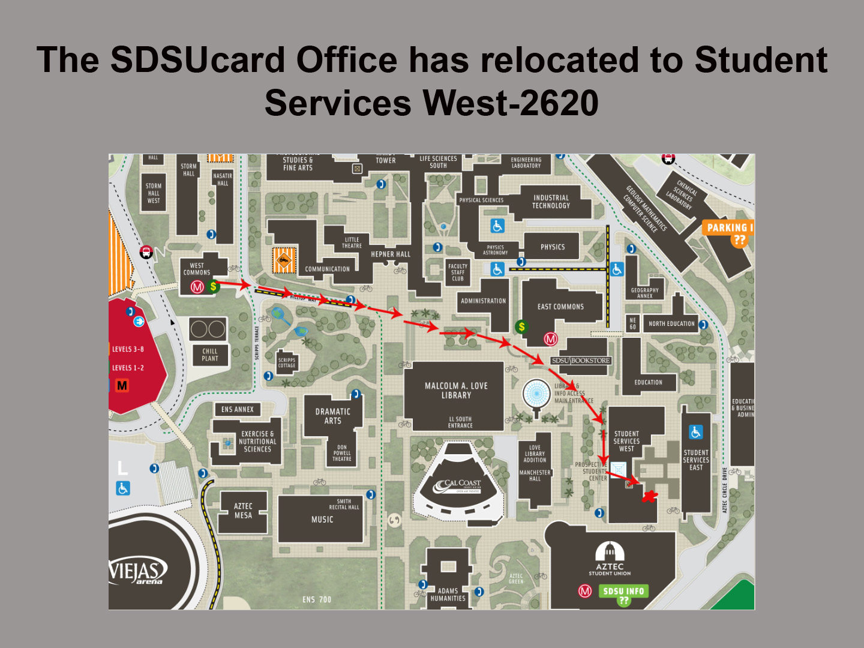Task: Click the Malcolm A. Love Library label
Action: coord(456,391)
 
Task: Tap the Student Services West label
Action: coord(626,441)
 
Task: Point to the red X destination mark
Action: coord(649,496)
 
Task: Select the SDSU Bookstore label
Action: coord(580,361)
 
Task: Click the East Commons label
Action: coord(560,307)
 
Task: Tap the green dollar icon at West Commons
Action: coord(213,287)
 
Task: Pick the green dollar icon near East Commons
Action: coord(521,327)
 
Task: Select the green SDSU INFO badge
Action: coord(623,592)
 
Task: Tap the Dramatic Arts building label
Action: coord(333,416)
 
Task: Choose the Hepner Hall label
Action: coord(391,254)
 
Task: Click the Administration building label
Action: coord(483,301)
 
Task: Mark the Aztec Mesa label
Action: coord(243,511)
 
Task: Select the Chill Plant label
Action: coord(210,355)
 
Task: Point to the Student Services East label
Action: coord(696,460)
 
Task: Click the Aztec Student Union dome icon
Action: coord(610,551)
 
